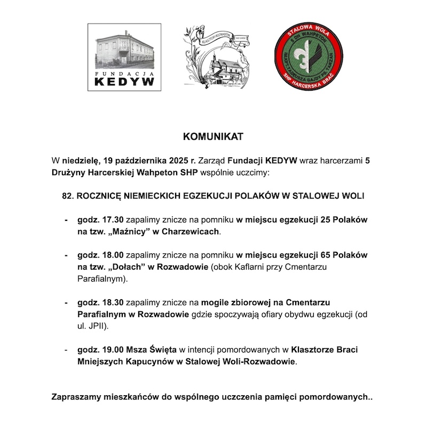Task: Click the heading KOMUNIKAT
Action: pos(213,137)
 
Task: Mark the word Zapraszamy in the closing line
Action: pos(77,397)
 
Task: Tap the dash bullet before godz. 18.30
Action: pos(66,302)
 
